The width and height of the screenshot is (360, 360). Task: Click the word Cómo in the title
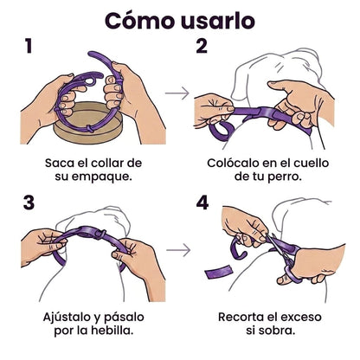click(139, 21)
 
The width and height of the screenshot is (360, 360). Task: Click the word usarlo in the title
click(218, 21)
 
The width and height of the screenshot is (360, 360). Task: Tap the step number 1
click(29, 46)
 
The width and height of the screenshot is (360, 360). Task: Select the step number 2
click(202, 46)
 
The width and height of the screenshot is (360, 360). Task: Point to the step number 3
click(29, 202)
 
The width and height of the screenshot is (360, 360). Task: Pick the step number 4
click(202, 202)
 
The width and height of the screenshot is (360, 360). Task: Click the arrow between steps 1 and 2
click(177, 93)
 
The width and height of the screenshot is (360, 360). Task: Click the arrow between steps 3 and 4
click(178, 249)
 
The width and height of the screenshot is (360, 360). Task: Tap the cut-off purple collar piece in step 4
click(219, 272)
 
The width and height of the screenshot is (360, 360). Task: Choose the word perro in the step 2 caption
click(285, 177)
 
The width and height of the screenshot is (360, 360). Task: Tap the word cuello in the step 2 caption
click(312, 164)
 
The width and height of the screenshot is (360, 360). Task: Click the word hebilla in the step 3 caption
click(116, 331)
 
